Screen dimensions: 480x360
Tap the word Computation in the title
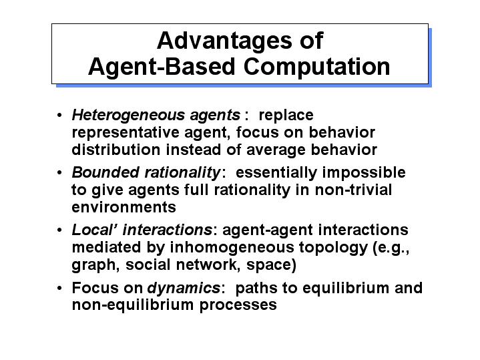tap(317, 67)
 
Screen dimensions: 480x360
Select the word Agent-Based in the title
tap(162, 67)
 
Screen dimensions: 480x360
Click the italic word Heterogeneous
tap(128, 116)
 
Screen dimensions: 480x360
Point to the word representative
tap(126, 134)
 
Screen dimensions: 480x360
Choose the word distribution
tap(116, 150)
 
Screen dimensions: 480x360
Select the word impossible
tap(364, 173)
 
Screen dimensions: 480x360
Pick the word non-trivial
tap(353, 190)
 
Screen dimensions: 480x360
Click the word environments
tap(124, 208)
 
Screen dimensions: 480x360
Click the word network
tap(208, 265)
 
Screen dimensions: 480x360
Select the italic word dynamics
tap(184, 289)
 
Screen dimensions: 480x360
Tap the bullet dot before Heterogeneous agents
tap(59, 116)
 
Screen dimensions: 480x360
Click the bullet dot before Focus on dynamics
tap(59, 289)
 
